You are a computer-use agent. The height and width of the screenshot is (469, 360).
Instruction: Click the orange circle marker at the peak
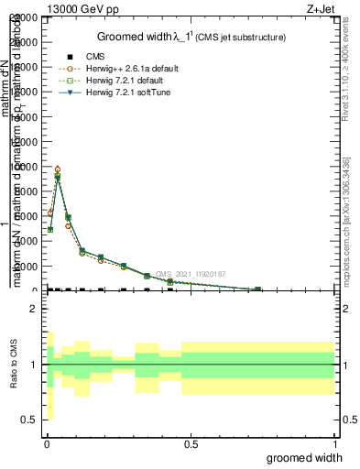pyautogui.click(x=58, y=169)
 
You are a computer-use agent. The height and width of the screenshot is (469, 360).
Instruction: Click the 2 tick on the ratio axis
pyautogui.click(x=35, y=309)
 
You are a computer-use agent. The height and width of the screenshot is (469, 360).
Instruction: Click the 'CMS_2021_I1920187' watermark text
pyautogui.click(x=190, y=274)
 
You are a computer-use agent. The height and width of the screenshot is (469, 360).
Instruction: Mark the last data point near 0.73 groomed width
pyautogui.click(x=257, y=289)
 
